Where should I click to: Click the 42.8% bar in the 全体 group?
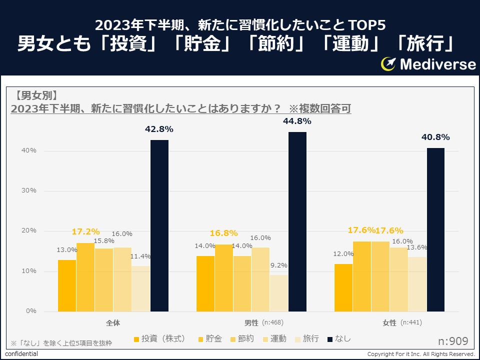tap(159, 225)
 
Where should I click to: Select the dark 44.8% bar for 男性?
tap(297, 221)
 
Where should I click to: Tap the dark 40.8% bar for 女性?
tap(435, 229)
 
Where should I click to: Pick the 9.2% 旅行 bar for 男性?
tap(279, 293)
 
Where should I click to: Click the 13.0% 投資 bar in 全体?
tap(67, 285)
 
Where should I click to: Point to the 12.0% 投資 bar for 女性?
tap(343, 287)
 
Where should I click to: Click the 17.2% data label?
tap(85, 232)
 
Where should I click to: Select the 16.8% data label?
tap(223, 233)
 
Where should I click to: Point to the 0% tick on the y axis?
tap(31, 311)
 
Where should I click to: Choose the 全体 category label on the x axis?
tap(113, 323)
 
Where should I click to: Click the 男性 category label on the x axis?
tap(251, 323)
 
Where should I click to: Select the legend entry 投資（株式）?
tap(160, 339)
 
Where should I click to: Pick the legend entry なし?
tap(339, 339)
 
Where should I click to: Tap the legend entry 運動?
tap(273, 339)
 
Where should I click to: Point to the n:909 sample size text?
tap(453, 341)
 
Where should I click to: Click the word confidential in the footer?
tap(21, 354)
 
